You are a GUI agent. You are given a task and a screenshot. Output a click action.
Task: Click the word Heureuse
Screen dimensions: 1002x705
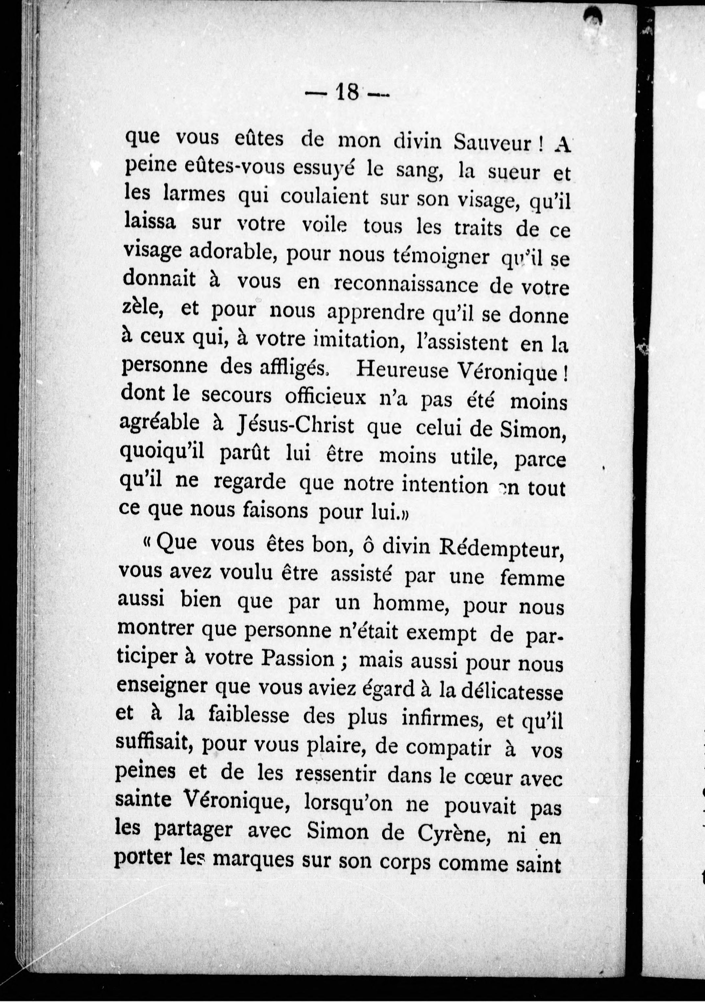coord(402,370)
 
